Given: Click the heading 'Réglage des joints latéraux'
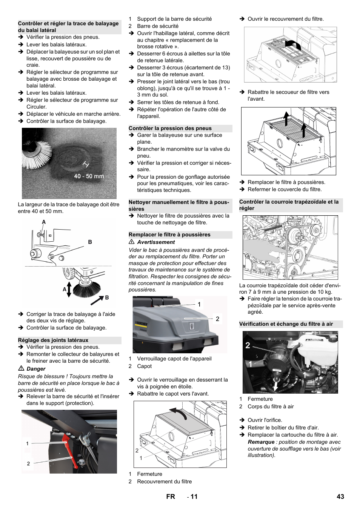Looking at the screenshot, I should click(x=53, y=340).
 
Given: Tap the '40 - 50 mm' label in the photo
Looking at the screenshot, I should click(x=89, y=176).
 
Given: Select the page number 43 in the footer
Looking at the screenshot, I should click(x=340, y=497).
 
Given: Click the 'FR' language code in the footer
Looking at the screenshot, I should click(x=171, y=497).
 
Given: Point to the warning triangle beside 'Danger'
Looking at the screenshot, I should click(x=21, y=368).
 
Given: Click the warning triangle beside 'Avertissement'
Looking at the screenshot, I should click(x=132, y=242).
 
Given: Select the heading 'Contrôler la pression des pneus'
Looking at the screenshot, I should click(x=170, y=128).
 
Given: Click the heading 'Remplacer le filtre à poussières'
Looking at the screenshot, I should click(x=169, y=235).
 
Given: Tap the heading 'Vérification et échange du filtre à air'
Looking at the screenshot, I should click(x=286, y=324).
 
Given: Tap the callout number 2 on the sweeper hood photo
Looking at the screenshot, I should click(x=217, y=319).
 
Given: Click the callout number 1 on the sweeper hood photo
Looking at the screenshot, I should click(x=199, y=304).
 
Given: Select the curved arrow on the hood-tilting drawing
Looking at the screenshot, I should click(x=179, y=413).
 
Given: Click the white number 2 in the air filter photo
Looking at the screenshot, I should click(x=248, y=345).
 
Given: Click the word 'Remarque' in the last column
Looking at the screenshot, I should click(x=261, y=442).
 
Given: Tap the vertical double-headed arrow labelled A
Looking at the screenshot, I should click(x=69, y=289).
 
